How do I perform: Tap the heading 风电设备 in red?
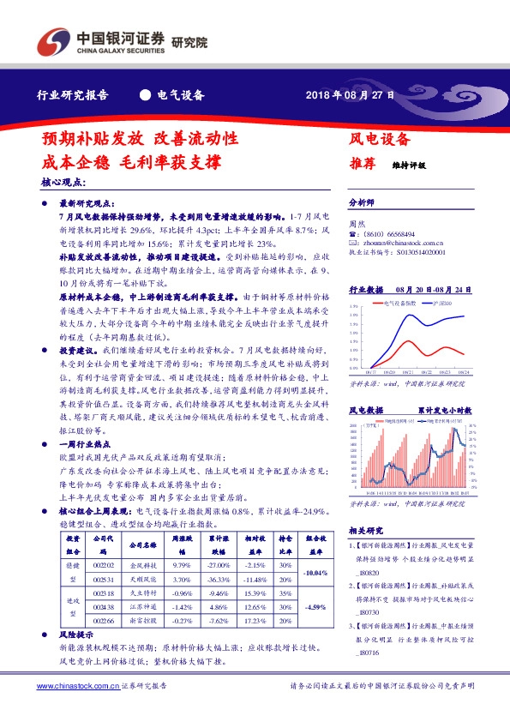tap(380, 138)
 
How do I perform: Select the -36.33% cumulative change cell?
tap(219, 580)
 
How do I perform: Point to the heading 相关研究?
tap(369, 529)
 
